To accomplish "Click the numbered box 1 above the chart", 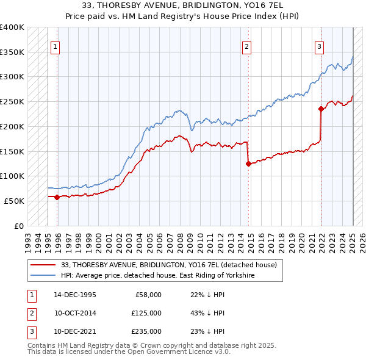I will tap(56, 46).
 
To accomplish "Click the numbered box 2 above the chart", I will tap(246, 46).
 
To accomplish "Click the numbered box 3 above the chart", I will tap(319, 46).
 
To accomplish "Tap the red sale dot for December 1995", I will tap(57, 197).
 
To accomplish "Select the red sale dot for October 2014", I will tap(248, 164).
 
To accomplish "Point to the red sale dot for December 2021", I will tap(321, 109).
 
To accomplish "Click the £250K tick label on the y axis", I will tap(12, 101).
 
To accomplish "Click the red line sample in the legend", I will tap(44, 265).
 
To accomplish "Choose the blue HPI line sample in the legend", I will tap(44, 276).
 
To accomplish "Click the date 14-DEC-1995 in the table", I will tap(75, 295).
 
